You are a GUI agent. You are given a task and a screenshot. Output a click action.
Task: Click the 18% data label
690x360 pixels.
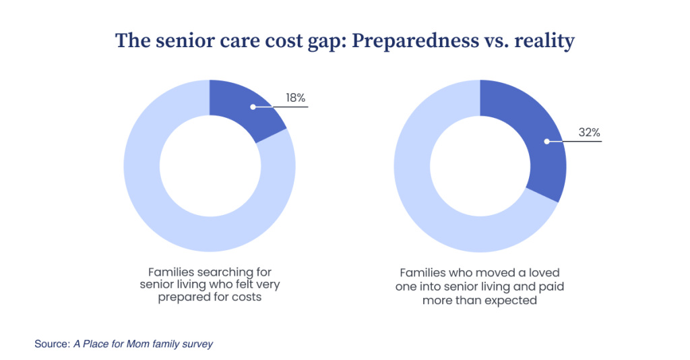(296, 98)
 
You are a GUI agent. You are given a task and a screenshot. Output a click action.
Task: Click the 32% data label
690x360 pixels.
(589, 133)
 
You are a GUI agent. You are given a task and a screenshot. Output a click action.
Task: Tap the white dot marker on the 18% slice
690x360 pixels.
(253, 107)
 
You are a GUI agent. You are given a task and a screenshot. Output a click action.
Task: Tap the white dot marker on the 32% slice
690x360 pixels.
(546, 142)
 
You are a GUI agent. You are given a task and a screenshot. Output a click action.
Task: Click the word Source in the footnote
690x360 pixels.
(52, 344)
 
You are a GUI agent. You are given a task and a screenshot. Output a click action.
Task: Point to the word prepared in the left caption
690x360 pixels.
(178, 297)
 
